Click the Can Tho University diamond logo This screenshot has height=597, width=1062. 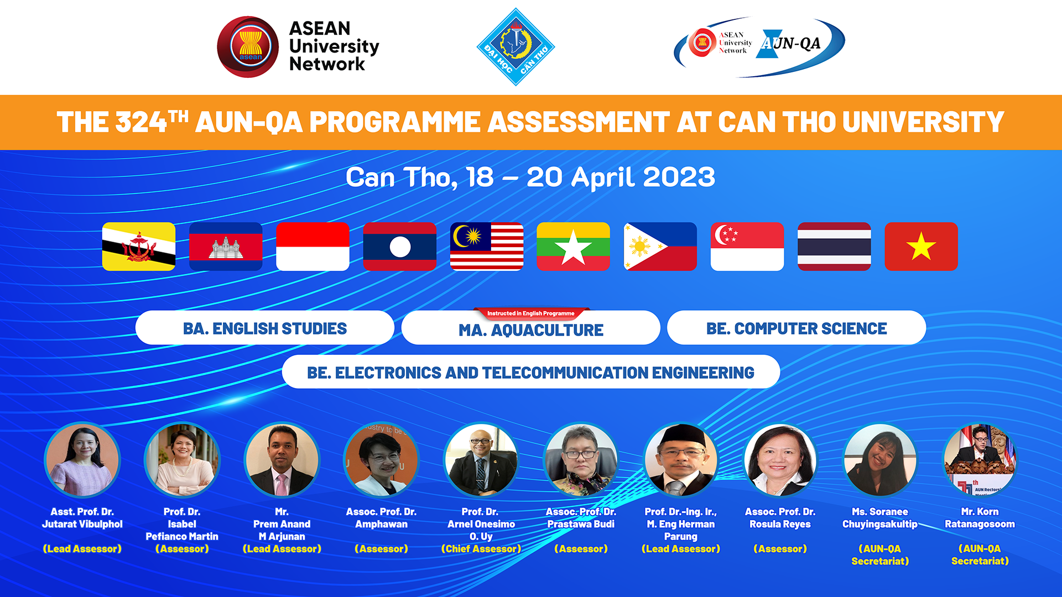coord(516,47)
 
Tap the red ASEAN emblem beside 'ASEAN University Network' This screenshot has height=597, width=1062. coord(248,47)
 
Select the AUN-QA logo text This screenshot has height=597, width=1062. coord(792,43)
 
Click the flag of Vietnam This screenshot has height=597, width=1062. coord(921,247)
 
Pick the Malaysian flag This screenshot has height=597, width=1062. coord(487,247)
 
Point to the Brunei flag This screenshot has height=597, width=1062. coord(139,247)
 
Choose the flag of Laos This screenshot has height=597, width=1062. coord(400,247)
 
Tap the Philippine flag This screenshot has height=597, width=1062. coord(660,247)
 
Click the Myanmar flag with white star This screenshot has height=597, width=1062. coord(574,247)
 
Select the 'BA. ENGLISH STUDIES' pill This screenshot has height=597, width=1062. coord(265,328)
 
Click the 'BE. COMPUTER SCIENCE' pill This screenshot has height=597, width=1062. coord(796,328)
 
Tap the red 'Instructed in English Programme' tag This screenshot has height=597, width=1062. coord(531,313)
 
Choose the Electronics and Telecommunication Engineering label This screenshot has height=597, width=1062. coord(531,372)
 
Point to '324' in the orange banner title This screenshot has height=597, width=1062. coord(141,122)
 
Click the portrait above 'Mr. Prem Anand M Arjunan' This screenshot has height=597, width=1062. coord(282,460)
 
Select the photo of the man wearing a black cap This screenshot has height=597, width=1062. coord(681,460)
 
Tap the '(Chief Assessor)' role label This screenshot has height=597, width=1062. coord(481,549)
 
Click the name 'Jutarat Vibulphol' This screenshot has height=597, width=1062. coord(82,524)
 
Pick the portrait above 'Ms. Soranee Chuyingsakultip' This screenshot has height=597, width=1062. coord(880,460)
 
